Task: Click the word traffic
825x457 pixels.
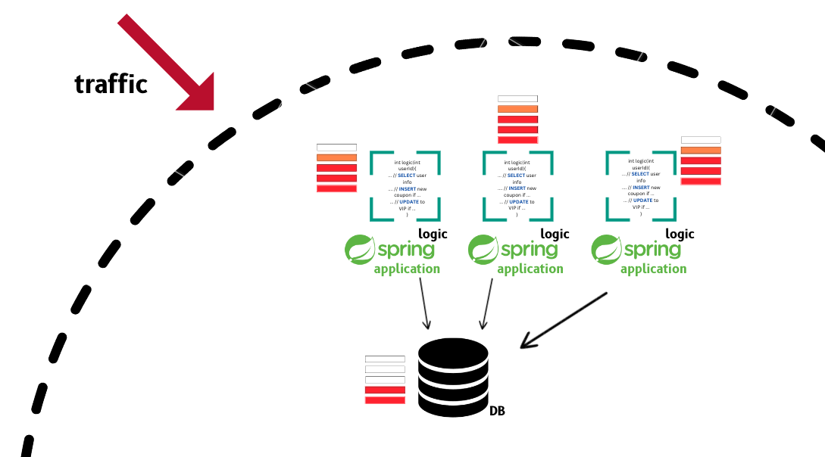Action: point(111,83)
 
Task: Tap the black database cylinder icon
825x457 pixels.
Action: point(453,377)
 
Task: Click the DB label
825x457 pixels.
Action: point(497,412)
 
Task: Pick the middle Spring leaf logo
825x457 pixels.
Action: point(482,250)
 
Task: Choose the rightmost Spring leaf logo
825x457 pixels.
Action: point(605,250)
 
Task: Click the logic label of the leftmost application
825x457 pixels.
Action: point(433,234)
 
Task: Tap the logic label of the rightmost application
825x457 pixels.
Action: point(680,234)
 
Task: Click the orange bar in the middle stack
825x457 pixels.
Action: point(517,109)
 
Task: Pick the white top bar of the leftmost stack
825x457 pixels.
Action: point(336,148)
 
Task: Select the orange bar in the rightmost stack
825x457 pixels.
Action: point(701,150)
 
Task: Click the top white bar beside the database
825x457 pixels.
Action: point(385,359)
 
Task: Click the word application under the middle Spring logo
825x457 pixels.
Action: point(530,269)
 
